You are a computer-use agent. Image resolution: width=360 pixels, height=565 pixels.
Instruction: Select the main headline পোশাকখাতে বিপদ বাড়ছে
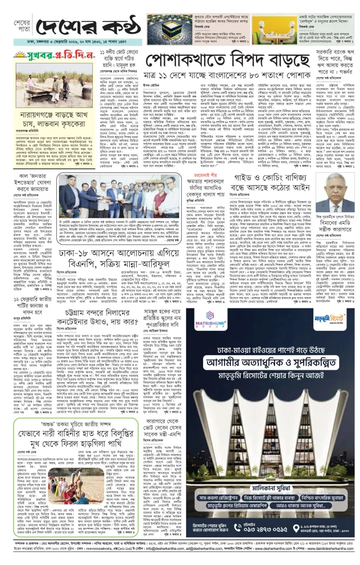coord(231,64)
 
